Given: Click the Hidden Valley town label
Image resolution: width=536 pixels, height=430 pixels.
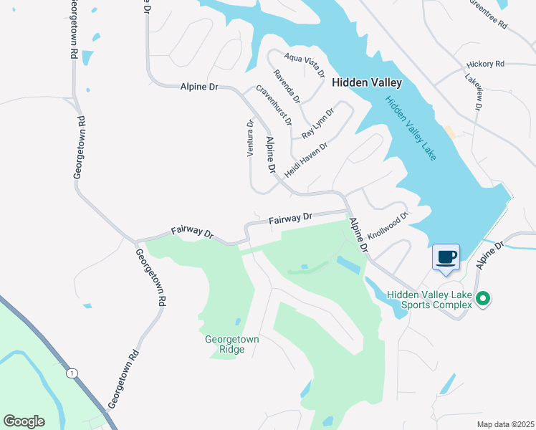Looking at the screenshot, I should point(367,82).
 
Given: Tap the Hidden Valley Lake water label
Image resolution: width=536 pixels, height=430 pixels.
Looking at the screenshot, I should point(411,128).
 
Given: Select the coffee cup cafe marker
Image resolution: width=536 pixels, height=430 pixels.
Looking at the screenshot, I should point(446,257).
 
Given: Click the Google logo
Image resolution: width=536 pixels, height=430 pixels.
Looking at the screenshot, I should point(24,421).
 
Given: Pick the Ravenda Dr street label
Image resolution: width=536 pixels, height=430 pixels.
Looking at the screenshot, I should point(286,85).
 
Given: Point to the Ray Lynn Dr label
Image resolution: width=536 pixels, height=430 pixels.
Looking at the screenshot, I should point(318,123).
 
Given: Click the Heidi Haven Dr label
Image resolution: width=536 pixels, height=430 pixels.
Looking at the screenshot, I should point(305,159).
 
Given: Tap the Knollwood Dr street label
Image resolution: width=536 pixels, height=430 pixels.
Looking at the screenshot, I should point(388,225).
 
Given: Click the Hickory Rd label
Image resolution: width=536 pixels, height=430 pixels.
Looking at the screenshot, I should point(485,64).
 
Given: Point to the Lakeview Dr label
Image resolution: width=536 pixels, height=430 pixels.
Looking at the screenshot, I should point(474,91).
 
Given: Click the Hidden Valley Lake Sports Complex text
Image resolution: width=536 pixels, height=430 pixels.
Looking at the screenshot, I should point(429,300).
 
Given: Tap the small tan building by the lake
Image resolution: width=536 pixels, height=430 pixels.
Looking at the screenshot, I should point(449,133).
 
